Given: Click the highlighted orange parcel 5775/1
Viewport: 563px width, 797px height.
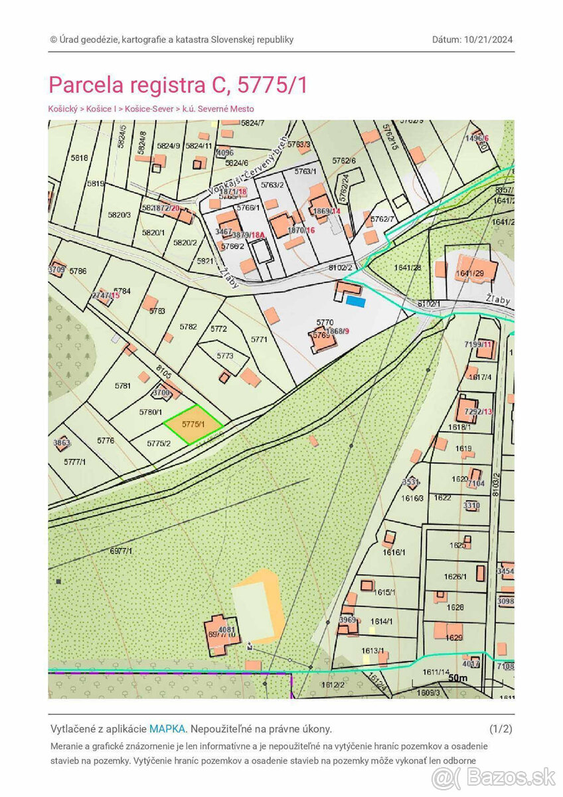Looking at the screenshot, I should click(x=191, y=424).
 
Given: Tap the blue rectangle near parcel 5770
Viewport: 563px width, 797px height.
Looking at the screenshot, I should click(x=357, y=302).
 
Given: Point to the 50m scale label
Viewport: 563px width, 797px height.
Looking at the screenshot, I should click(x=458, y=678).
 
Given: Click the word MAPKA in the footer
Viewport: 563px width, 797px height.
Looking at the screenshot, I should click(x=167, y=729).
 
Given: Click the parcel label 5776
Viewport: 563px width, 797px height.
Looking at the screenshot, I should click(x=106, y=440).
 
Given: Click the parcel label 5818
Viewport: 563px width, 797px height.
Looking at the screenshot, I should click(x=78, y=158).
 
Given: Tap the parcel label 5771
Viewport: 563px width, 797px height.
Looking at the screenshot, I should click(x=259, y=339).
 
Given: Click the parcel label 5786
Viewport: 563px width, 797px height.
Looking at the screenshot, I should click(x=78, y=271).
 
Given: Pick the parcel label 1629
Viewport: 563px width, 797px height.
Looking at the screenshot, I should click(x=454, y=638).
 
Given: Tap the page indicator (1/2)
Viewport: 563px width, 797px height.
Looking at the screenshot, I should click(x=501, y=729).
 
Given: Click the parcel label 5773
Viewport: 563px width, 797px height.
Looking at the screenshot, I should click(x=225, y=356).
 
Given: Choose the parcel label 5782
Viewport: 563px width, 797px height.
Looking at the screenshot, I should click(x=189, y=327).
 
